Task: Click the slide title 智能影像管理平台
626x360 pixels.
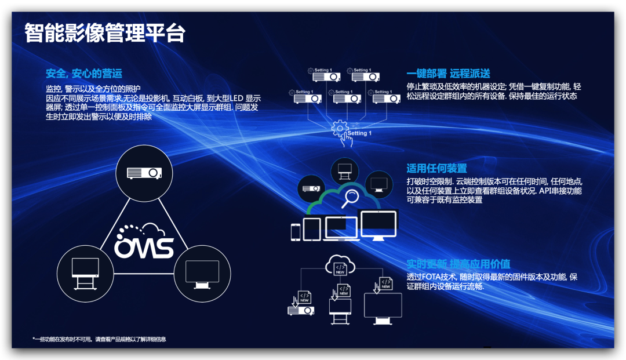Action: pos(104,33)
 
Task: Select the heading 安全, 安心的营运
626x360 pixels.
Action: pos(84,74)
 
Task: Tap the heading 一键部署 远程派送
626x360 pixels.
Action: pos(448,74)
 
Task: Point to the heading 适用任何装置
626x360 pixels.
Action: pos(436,169)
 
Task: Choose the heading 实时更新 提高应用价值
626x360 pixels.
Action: pos(458,264)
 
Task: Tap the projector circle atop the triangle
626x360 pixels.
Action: pos(144,172)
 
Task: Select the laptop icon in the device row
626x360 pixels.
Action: pos(341,228)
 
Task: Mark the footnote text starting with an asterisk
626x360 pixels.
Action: pos(99,339)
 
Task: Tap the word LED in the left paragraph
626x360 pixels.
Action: pos(236,99)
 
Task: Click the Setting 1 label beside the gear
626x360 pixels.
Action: pos(359,133)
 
